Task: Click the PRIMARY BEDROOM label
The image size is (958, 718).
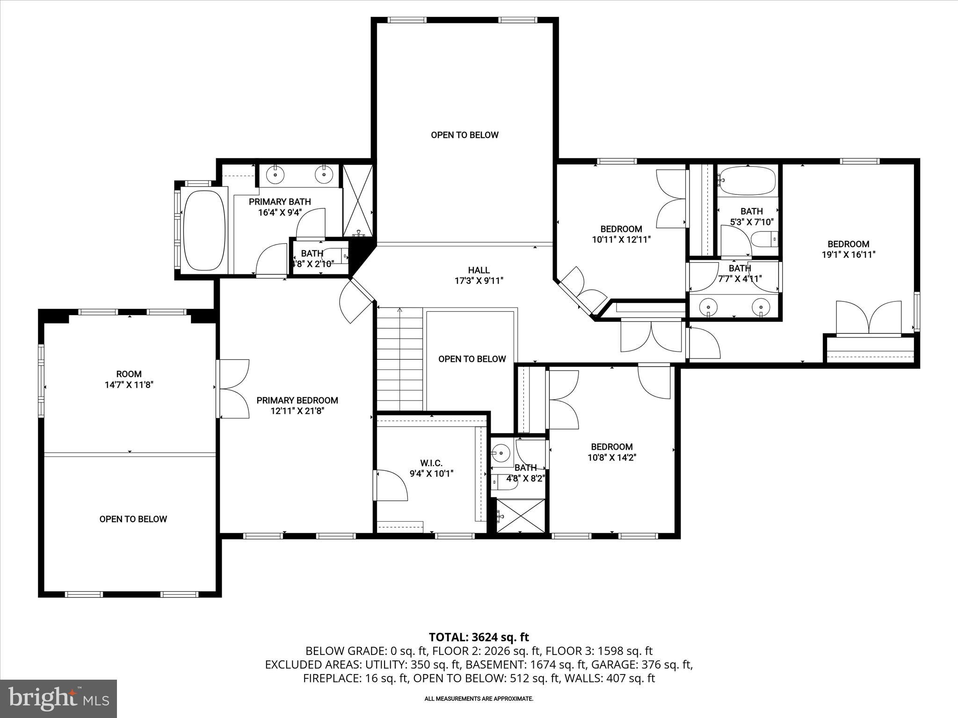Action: click(x=297, y=401)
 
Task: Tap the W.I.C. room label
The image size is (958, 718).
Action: click(x=431, y=463)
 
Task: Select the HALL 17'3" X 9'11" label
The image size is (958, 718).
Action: click(x=479, y=275)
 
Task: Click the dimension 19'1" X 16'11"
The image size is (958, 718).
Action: click(x=848, y=255)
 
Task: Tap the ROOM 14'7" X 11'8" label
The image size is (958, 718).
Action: click(x=129, y=380)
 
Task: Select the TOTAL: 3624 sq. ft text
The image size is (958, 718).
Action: click(x=479, y=637)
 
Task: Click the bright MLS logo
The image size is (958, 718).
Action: click(x=58, y=699)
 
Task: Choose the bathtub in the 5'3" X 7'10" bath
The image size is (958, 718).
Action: click(x=747, y=181)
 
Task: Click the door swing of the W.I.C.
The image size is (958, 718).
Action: click(x=392, y=485)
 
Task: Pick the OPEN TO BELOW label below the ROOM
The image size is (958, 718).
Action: click(x=133, y=519)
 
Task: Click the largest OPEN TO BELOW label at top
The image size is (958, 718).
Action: click(x=464, y=135)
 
